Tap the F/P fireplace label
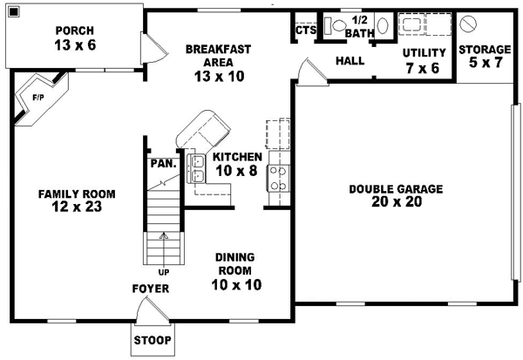point(39,98)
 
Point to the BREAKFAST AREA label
point(219,62)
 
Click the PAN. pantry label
point(163,162)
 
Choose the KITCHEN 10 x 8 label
point(231,164)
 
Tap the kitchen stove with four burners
point(278,178)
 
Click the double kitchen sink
point(196,166)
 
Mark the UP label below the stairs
point(163,248)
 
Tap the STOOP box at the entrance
point(153,340)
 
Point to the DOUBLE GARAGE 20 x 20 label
point(397,195)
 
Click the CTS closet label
point(305,30)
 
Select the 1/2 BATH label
point(359,26)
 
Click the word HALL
point(349,61)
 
